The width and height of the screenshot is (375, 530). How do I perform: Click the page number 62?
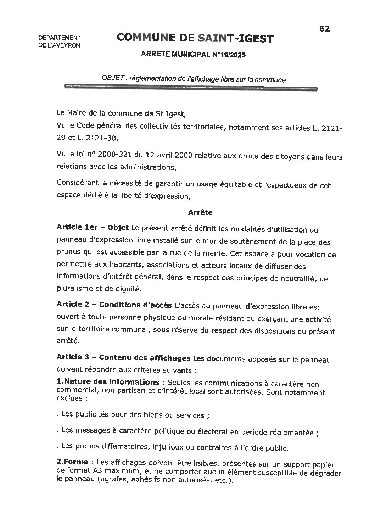tap(324, 29)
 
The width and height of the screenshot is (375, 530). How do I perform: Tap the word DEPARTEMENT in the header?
tap(59, 38)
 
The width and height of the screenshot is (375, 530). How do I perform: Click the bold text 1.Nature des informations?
tap(108, 382)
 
